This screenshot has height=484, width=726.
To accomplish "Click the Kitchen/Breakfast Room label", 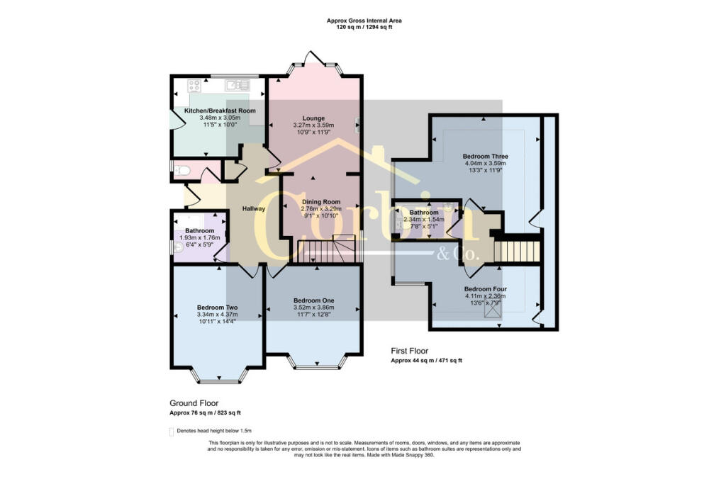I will pyautogui.click(x=220, y=111).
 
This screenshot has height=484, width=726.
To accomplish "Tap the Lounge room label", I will pyautogui.click(x=313, y=118).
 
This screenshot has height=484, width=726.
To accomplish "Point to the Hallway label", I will pyautogui.click(x=254, y=208).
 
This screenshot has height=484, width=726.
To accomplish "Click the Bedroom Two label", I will pyautogui.click(x=217, y=308).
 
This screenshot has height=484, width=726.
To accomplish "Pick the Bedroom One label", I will pyautogui.click(x=313, y=301).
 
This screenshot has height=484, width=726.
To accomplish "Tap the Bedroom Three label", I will pyautogui.click(x=485, y=156).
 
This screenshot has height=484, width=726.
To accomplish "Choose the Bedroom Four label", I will pyautogui.click(x=485, y=289).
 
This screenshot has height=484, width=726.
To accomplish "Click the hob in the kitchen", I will pyautogui.click(x=194, y=86).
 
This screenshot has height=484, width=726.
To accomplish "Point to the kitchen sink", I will pyautogui.click(x=237, y=86).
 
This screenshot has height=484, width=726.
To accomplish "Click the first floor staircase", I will pyautogui.click(x=517, y=249).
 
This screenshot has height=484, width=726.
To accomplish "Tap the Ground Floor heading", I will pyautogui.click(x=194, y=403).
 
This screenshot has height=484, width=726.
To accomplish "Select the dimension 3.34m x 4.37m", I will pyautogui.click(x=217, y=315).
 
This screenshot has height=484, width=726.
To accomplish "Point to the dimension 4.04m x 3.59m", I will pyautogui.click(x=485, y=163).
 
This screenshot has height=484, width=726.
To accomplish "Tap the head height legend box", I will pyautogui.click(x=171, y=431).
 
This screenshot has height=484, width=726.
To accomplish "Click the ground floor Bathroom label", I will pyautogui.click(x=199, y=231).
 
